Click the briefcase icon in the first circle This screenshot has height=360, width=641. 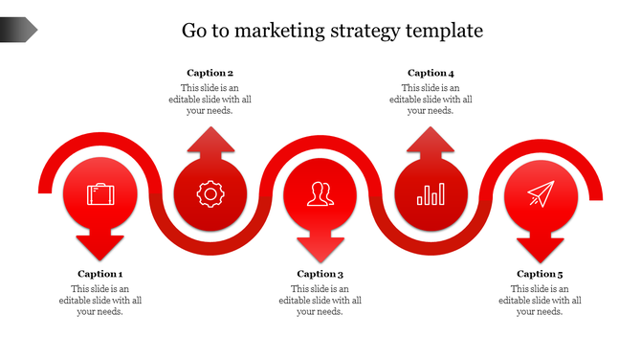pyautogui.click(x=100, y=194)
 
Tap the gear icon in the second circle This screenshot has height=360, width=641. pyautogui.click(x=210, y=194)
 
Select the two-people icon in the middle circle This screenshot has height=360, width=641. pyautogui.click(x=320, y=194)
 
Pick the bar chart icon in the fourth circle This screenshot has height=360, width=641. pyautogui.click(x=431, y=195)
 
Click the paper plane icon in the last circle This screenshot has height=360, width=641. pyautogui.click(x=541, y=194)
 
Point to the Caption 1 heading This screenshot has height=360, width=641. pyautogui.click(x=100, y=274)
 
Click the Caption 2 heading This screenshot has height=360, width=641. pyautogui.click(x=210, y=73)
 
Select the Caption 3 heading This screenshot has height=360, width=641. pyautogui.click(x=320, y=275)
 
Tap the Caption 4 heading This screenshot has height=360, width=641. pyautogui.click(x=431, y=73)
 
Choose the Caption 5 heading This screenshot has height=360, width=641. pyautogui.click(x=541, y=275)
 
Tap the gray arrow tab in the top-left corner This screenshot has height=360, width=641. pyautogui.click(x=18, y=31)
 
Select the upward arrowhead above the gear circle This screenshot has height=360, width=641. pyautogui.click(x=210, y=141)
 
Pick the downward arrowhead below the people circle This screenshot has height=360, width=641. pyautogui.click(x=320, y=246)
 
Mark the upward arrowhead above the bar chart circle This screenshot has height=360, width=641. pyautogui.click(x=431, y=141)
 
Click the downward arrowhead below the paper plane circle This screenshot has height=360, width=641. pyautogui.click(x=541, y=246)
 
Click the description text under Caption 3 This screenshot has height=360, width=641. pyautogui.click(x=320, y=300)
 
